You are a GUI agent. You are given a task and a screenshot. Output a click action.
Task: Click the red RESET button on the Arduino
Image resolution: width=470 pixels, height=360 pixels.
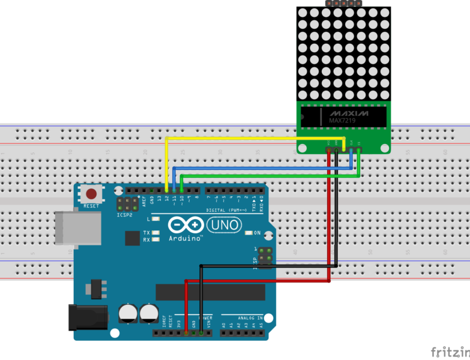coord(91,194)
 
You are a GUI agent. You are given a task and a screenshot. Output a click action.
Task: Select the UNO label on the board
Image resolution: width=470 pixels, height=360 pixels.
coord(224,225)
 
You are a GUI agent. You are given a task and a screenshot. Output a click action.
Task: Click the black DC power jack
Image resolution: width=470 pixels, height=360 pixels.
coord(88,317)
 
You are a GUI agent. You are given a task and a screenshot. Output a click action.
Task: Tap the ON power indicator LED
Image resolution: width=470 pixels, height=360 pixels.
coord(249,233)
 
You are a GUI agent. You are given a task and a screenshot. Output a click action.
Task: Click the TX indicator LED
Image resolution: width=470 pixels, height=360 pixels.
coord(155,232)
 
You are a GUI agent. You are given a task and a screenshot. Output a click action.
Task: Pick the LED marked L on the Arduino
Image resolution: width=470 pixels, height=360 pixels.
coord(155,219)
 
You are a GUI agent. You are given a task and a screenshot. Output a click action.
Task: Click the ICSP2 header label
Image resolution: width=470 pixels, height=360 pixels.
coord(125,214)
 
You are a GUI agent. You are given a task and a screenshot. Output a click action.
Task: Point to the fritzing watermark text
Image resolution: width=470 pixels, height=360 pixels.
coord(450,352)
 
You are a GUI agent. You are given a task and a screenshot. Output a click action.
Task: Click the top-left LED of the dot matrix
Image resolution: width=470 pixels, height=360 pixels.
coord(304,13)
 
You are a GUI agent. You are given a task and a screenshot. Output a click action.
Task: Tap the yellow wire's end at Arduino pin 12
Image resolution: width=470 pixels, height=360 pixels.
coord(167,190)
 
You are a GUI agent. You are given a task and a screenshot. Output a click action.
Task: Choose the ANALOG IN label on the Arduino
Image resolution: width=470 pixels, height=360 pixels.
coord(252,318)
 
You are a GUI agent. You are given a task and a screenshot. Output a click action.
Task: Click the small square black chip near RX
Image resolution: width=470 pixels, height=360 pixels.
coord(132,238)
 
